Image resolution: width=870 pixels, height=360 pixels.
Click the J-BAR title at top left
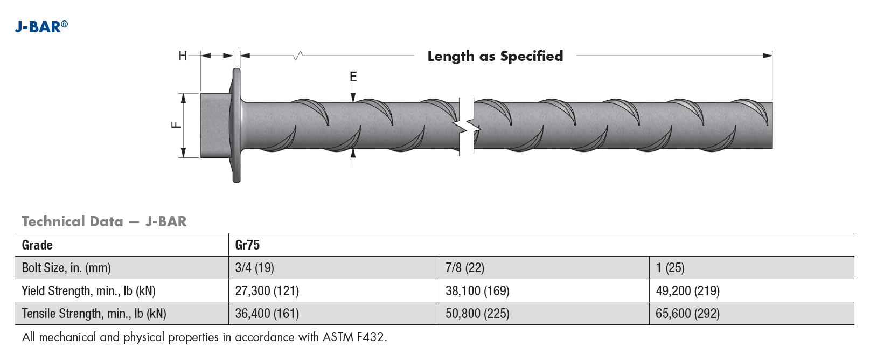click(41, 26)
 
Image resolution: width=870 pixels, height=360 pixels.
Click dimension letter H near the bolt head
click(183, 56)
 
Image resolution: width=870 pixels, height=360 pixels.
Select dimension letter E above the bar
click(353, 77)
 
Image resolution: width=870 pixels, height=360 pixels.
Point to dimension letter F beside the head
click(176, 125)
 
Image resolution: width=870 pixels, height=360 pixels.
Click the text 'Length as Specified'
click(495, 56)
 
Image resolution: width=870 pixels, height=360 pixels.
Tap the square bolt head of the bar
click(215, 125)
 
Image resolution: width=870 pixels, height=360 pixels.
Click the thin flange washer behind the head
click(236, 125)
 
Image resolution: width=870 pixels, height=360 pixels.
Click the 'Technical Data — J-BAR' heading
click(104, 221)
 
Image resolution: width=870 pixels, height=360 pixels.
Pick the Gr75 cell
click(247, 245)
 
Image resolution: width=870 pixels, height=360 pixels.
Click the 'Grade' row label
click(37, 245)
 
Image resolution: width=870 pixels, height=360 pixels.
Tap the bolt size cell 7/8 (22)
click(464, 268)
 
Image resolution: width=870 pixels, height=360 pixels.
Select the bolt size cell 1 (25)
click(670, 268)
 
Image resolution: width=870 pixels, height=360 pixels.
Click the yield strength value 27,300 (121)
click(267, 291)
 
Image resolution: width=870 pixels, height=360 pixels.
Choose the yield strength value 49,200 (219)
click(687, 291)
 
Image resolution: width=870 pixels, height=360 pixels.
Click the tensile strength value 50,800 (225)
click(477, 314)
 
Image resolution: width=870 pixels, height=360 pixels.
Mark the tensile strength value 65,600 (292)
click(687, 314)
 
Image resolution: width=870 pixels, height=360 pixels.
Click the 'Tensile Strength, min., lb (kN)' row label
click(94, 314)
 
